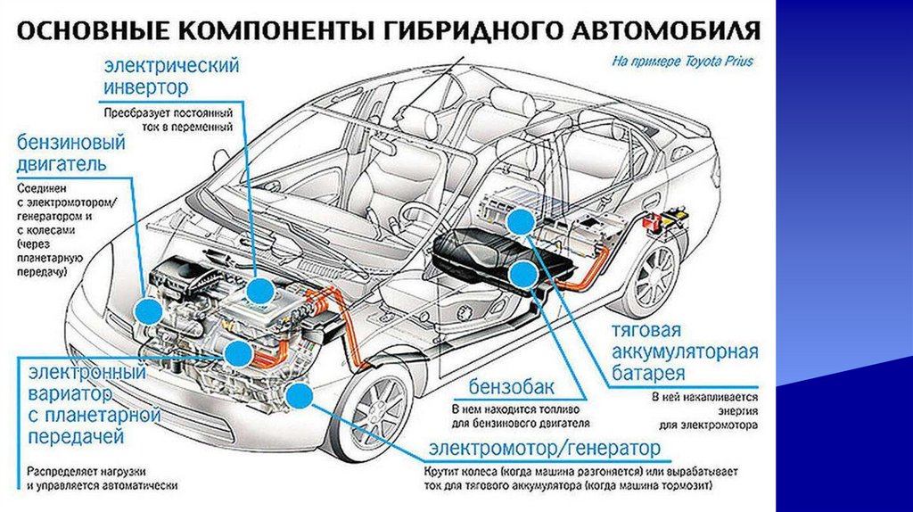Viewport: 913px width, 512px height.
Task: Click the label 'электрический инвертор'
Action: point(160,78)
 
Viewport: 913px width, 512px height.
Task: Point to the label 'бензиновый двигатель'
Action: point(70,154)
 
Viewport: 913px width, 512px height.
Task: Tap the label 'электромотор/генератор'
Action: point(544,446)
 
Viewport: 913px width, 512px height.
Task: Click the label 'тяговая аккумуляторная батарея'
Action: point(683,351)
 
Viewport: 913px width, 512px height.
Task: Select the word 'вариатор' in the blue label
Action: point(70,392)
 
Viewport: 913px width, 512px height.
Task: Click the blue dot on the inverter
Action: point(260,290)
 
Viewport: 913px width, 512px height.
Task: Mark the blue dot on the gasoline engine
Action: point(148,310)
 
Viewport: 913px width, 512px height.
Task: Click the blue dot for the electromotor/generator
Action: point(300,397)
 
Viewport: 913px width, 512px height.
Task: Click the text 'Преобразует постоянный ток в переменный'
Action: point(168,121)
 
